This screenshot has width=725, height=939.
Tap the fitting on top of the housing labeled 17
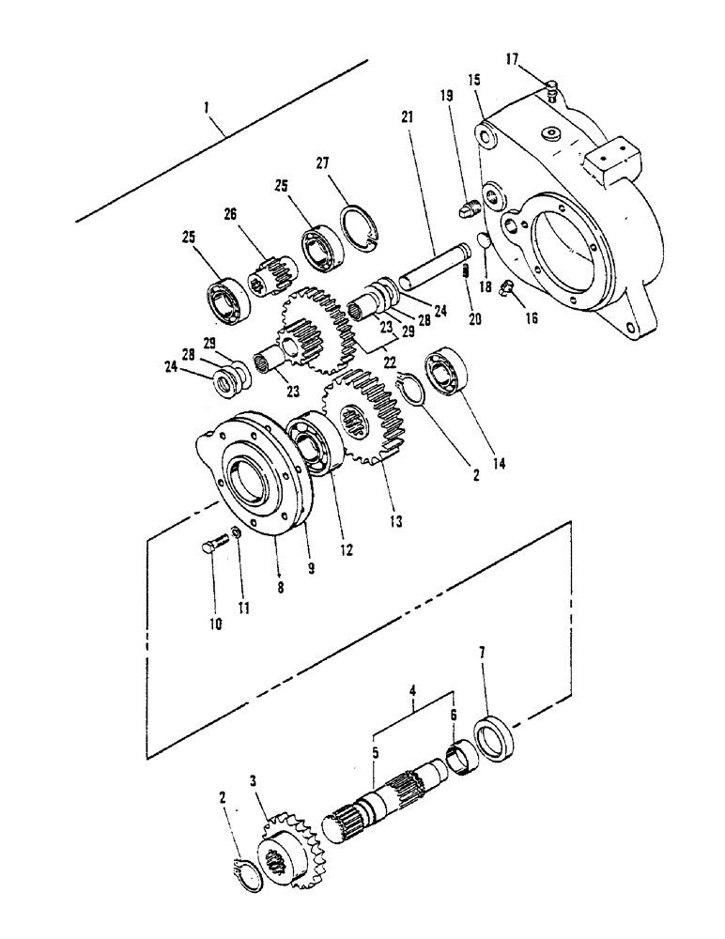pos(551,91)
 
